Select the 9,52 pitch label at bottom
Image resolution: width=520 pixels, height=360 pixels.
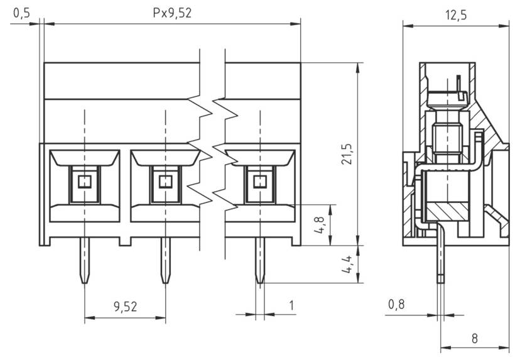[x=125, y=307]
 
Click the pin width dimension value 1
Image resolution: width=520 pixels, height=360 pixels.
[x=291, y=305]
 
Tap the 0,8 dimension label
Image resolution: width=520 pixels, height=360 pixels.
[x=396, y=305]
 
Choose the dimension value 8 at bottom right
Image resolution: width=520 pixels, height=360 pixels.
[x=474, y=337]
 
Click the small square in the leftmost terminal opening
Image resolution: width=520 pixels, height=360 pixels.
[x=84, y=182]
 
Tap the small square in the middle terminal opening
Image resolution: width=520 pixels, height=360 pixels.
[x=165, y=182]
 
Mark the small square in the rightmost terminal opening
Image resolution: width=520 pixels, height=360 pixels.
[x=259, y=182]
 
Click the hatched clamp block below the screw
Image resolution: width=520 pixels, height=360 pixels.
[x=447, y=211]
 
